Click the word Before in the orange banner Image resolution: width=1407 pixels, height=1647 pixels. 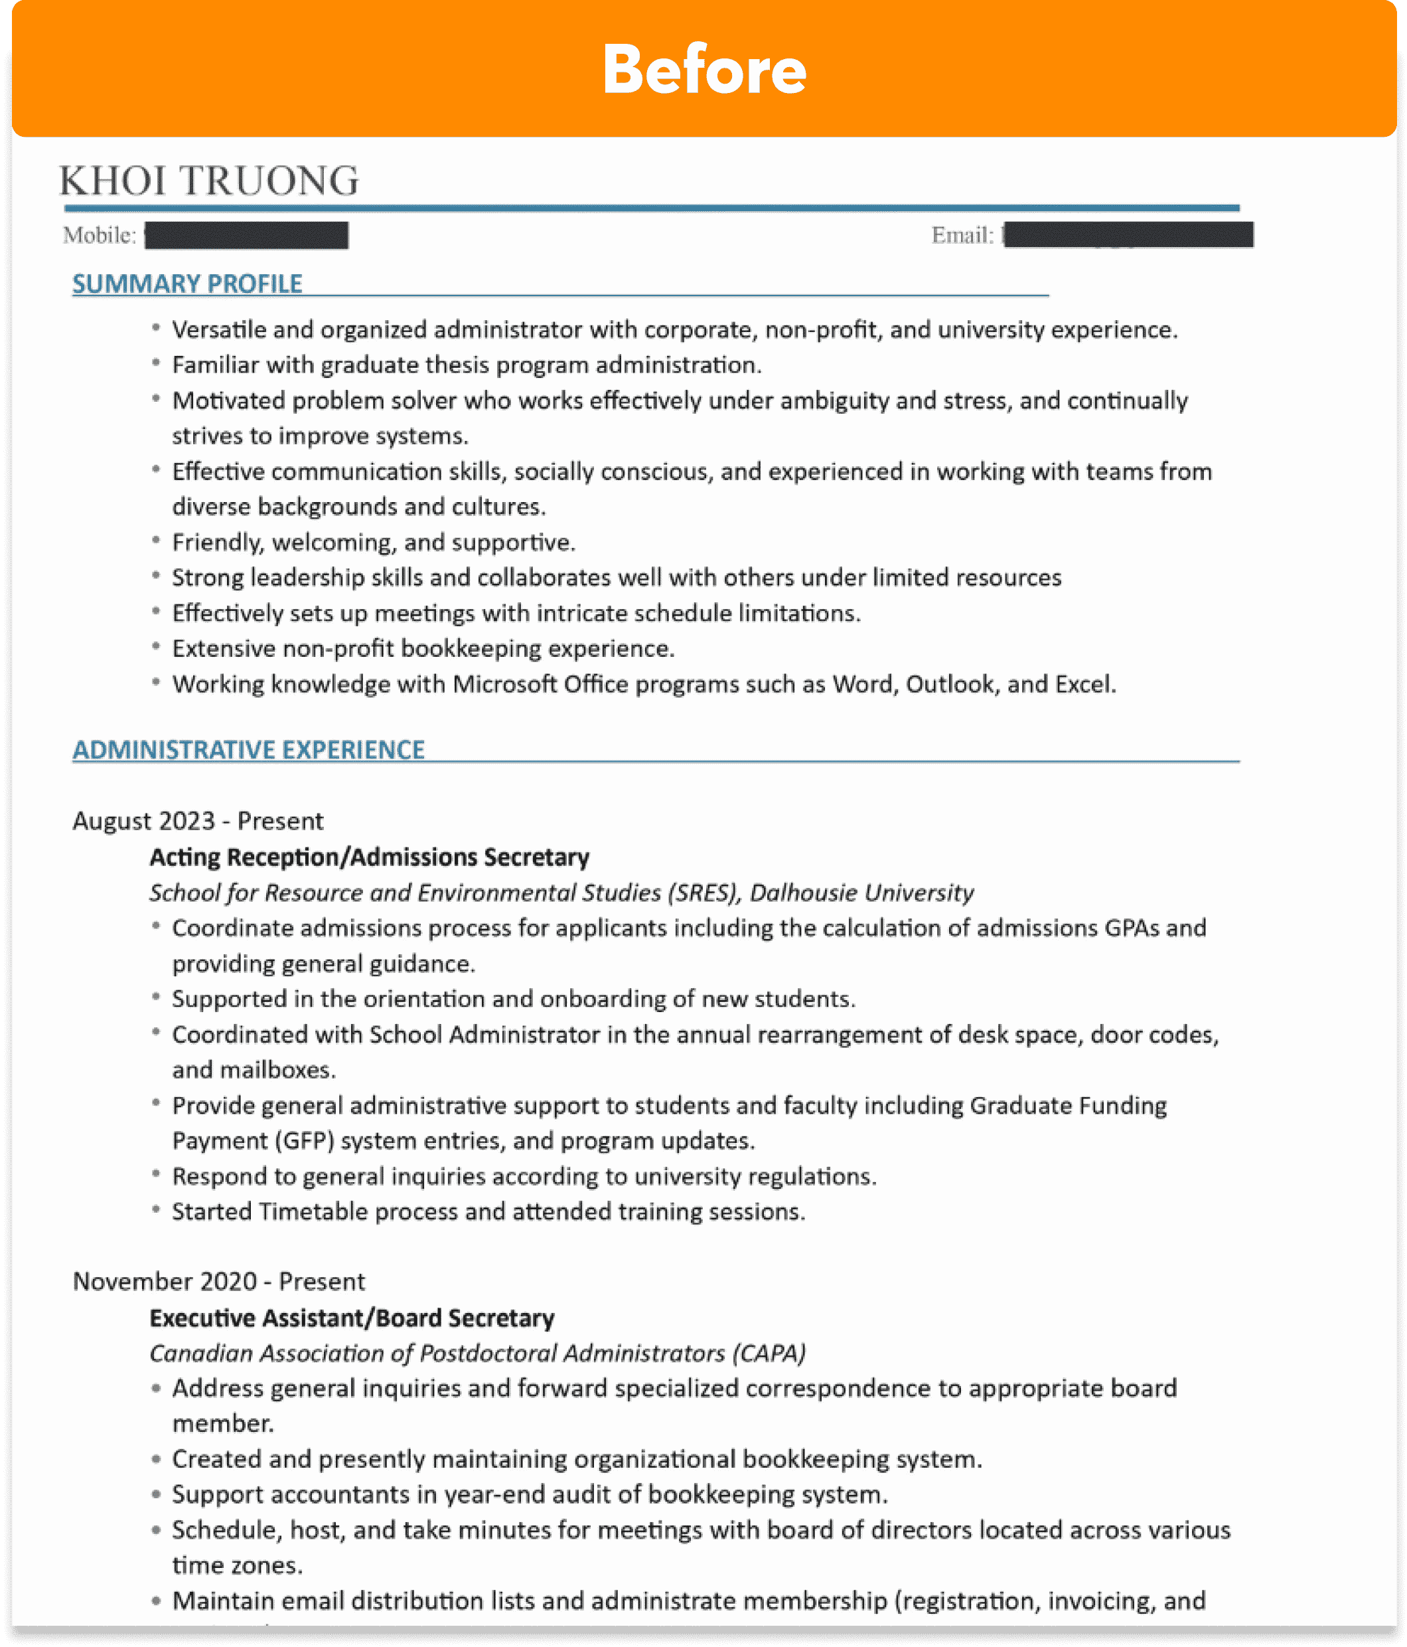tap(704, 70)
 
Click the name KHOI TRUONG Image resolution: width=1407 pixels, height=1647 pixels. tap(210, 181)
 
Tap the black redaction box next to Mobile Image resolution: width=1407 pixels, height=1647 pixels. tap(246, 235)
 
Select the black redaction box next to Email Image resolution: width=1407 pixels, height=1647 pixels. tap(1128, 235)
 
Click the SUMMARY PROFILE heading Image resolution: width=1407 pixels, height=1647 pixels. tap(188, 284)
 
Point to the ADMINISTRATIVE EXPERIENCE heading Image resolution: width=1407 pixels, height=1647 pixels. tap(249, 750)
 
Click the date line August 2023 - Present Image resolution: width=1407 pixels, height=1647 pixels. tap(198, 820)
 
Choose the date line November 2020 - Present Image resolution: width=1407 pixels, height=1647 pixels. tap(218, 1281)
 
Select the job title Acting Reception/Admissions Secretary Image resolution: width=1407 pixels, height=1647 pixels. tap(370, 857)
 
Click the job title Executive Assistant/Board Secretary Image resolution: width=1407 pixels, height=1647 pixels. tap(352, 1318)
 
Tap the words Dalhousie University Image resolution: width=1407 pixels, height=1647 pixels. tap(861, 893)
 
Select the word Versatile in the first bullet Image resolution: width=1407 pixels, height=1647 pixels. tap(218, 330)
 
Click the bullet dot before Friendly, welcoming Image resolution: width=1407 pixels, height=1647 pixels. tap(157, 541)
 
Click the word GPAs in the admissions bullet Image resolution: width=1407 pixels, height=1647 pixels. tap(1132, 928)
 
